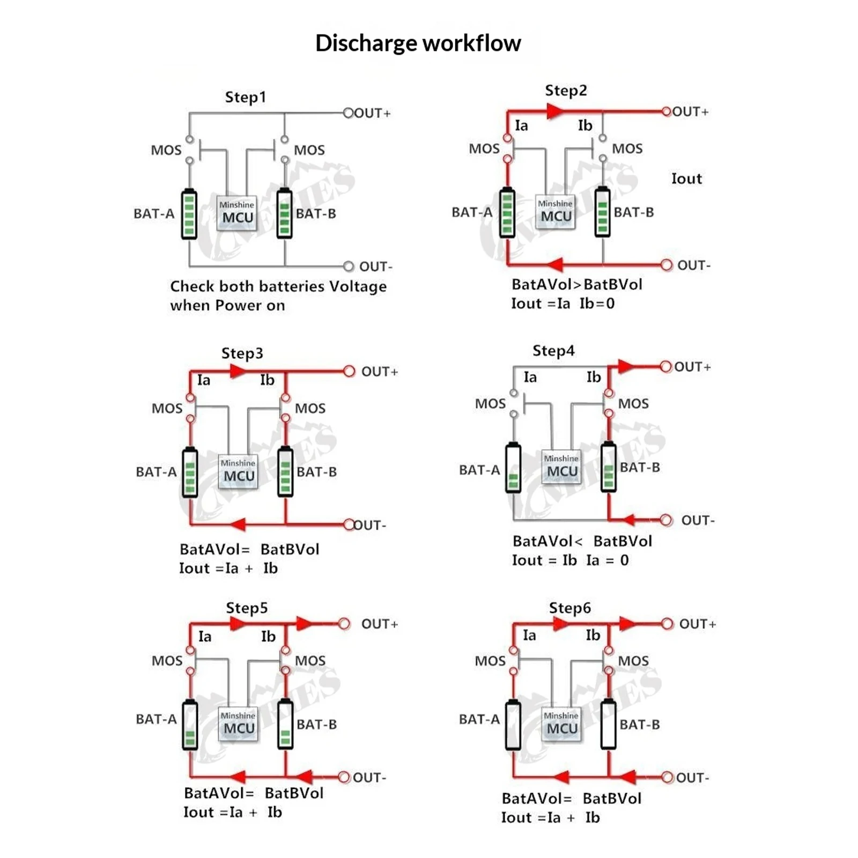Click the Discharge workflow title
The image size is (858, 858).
tap(418, 43)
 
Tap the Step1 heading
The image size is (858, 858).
tap(245, 97)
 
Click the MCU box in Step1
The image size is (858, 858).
tap(236, 213)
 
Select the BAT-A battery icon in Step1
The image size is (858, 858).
tap(189, 214)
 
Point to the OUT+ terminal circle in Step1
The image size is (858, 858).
tap(349, 113)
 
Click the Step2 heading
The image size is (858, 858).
tap(566, 91)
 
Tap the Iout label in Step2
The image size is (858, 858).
tap(686, 179)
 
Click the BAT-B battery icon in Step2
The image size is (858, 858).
tap(603, 212)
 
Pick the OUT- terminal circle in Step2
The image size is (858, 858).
tap(667, 265)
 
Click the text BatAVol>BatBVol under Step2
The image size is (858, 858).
tap(576, 284)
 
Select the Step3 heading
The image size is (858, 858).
tap(242, 353)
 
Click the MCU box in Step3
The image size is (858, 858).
tap(238, 472)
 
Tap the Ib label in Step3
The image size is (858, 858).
tap(267, 380)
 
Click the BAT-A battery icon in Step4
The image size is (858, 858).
tap(513, 467)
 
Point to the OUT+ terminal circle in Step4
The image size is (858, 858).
tap(666, 367)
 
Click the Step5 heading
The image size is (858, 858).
tap(247, 608)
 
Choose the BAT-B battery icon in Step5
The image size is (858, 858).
tap(285, 724)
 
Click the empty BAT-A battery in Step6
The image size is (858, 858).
tap(513, 724)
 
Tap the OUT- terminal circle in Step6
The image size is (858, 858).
tap(667, 778)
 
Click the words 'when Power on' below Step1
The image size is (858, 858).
tap(227, 306)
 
